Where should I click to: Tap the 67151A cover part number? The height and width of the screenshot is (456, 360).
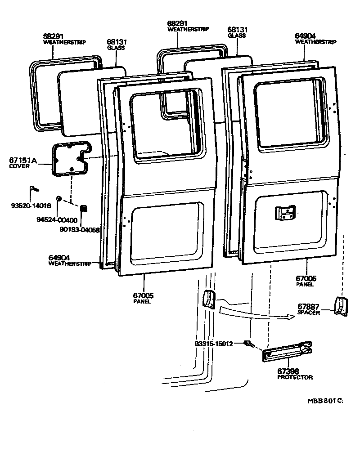[22, 160]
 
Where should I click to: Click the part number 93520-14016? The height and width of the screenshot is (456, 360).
[31, 206]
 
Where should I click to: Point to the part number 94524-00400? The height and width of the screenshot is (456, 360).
[57, 220]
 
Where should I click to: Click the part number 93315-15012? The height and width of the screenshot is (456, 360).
[214, 344]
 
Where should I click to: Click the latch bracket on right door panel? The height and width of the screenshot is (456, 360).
[284, 213]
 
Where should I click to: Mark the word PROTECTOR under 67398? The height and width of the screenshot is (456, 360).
[295, 377]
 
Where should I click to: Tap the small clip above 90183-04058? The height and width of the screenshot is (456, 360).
[83, 208]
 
